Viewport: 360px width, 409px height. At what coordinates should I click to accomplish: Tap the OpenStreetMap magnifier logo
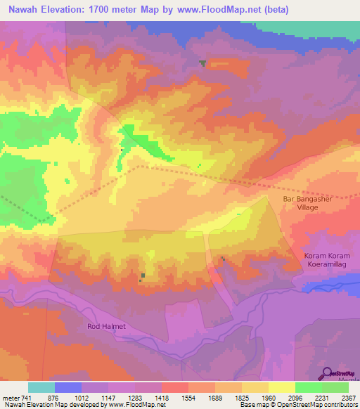coord(326,374)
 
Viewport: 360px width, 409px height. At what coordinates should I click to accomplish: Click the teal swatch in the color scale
coord(41,387)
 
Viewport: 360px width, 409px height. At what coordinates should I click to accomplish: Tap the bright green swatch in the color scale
coord(308,387)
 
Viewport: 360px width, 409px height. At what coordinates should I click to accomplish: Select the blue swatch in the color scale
coord(68,387)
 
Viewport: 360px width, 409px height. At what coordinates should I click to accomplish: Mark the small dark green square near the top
coord(202,63)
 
